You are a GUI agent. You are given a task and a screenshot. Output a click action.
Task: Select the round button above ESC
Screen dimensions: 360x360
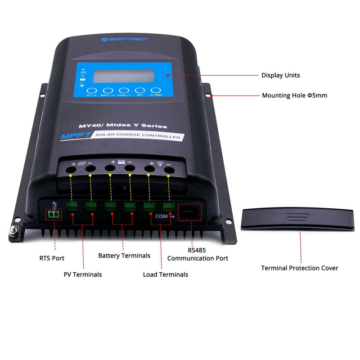pyautogui.click(x=156, y=90)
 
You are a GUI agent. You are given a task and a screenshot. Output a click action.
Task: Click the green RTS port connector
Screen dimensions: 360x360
pyautogui.click(x=54, y=215)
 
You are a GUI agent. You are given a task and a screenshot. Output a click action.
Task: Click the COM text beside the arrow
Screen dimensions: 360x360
pyautogui.click(x=161, y=216)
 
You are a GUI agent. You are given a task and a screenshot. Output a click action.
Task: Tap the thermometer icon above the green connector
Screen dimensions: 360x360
pyautogui.click(x=54, y=205)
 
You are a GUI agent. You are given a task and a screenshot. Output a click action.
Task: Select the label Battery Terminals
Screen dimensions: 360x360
pyautogui.click(x=124, y=256)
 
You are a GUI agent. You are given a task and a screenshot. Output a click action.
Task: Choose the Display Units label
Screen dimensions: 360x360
pyautogui.click(x=280, y=75)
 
